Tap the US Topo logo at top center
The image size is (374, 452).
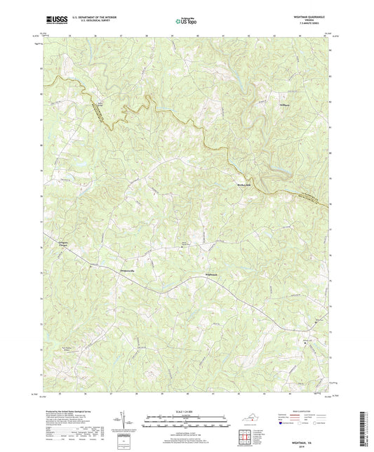coord(186,22)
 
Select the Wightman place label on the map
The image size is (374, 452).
coord(213,273)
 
